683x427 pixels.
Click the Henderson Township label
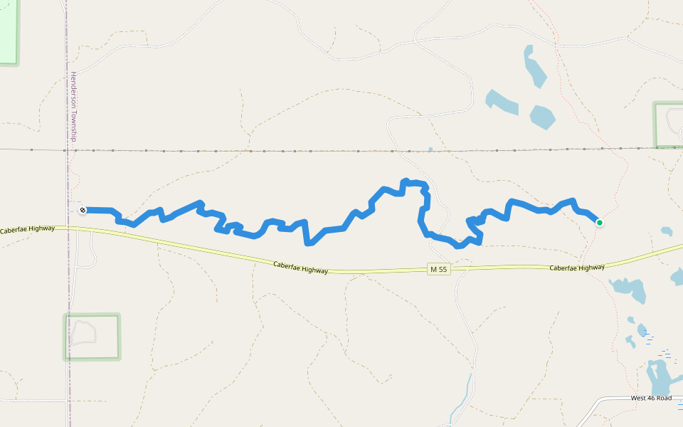coord(73,106)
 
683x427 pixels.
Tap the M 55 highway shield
coord(438,269)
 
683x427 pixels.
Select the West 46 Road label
coord(651,399)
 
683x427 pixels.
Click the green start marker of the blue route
coord(600,223)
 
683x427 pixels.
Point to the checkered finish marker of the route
coord(83,210)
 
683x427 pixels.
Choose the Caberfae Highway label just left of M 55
coord(301,268)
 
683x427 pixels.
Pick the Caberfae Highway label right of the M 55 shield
coord(577,268)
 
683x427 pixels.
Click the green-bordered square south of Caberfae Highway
coord(92,336)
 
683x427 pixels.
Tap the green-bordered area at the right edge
coord(669,125)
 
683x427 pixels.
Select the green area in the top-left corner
coord(8,32)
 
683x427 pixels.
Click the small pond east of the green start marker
coord(667,231)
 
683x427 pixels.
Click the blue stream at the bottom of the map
coord(462,399)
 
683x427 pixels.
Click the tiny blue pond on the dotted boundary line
coord(430,149)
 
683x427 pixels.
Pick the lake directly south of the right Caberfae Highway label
coord(630,288)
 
